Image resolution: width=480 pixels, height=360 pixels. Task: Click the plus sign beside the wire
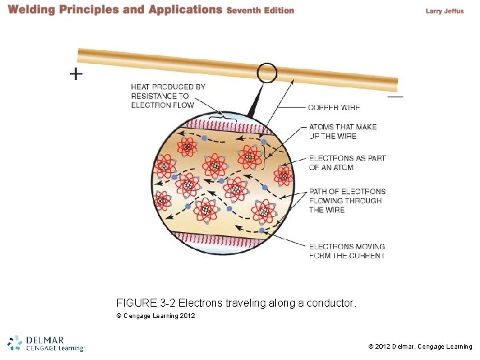(x=77, y=74)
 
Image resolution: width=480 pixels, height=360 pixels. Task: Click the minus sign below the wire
(x=395, y=96)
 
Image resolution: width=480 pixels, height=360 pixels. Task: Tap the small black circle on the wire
(x=267, y=72)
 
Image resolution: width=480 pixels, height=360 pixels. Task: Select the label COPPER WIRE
(x=333, y=107)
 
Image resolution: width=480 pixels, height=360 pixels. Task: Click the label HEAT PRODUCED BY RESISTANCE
(x=168, y=96)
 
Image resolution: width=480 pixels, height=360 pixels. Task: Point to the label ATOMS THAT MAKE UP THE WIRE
(x=343, y=131)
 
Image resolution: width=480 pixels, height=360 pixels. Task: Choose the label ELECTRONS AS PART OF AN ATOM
(x=347, y=163)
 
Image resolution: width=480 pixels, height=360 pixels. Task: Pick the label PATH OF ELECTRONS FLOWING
(x=347, y=201)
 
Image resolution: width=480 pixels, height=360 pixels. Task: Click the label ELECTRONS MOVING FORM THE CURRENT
(x=347, y=251)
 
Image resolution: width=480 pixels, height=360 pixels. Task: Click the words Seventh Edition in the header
(x=260, y=11)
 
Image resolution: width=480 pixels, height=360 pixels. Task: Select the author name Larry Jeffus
(x=444, y=11)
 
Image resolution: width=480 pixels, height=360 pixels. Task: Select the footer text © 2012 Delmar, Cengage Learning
(x=420, y=347)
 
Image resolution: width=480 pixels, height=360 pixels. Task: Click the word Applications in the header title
(x=186, y=10)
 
